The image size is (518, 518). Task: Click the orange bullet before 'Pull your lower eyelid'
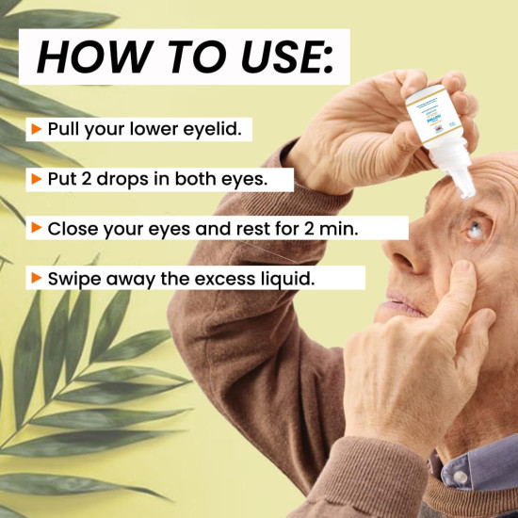[36, 128]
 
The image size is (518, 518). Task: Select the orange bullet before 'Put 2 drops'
[36, 178]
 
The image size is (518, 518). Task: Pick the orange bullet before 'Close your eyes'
[36, 228]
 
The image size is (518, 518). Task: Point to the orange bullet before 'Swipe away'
[36, 278]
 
